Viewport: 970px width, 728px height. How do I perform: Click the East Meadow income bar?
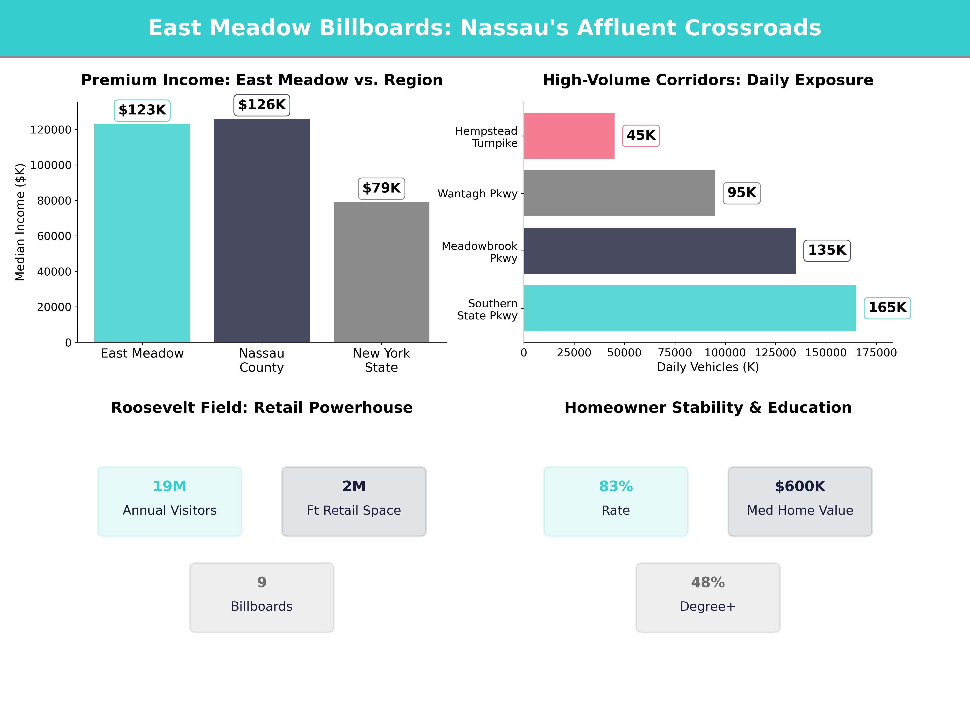coord(142,233)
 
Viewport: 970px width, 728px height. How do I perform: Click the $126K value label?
coord(262,105)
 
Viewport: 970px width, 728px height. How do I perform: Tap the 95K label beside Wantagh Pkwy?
coord(741,193)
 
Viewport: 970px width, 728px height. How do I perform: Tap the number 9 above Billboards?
coord(262,582)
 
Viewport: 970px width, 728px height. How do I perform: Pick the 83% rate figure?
coord(616,486)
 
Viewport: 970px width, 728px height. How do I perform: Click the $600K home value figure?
coord(800,486)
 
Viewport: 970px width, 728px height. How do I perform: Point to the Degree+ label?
coord(707,606)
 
